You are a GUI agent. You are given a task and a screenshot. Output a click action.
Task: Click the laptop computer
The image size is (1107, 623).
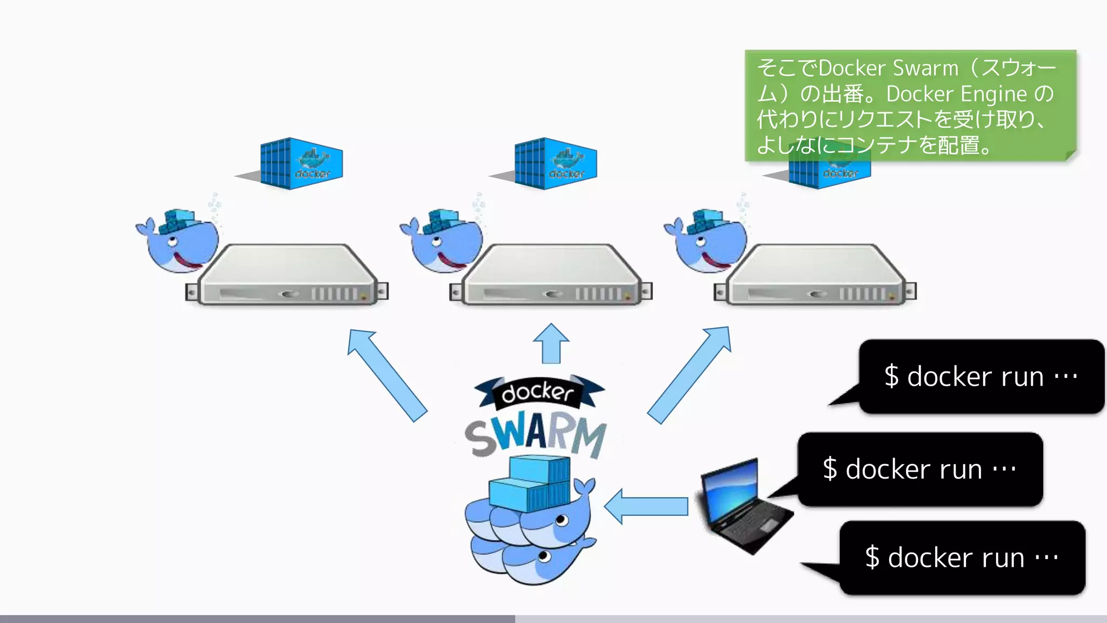743,506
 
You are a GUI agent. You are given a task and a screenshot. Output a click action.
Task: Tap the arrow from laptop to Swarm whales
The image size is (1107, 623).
646,507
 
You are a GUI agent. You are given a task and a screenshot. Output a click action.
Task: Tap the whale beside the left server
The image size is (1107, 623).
178,241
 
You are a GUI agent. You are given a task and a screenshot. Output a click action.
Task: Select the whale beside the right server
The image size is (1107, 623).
707,241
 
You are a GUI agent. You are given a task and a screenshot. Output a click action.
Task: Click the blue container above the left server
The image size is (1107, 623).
301,163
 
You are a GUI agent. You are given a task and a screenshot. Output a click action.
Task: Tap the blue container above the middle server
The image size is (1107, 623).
555,163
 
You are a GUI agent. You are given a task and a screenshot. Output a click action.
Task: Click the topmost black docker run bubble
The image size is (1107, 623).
981,376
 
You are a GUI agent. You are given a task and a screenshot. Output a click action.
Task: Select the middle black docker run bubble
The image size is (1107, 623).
919,469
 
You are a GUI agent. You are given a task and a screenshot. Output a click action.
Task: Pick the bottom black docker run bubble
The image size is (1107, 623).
962,558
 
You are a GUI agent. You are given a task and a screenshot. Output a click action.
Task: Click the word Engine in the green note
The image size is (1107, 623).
993,94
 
